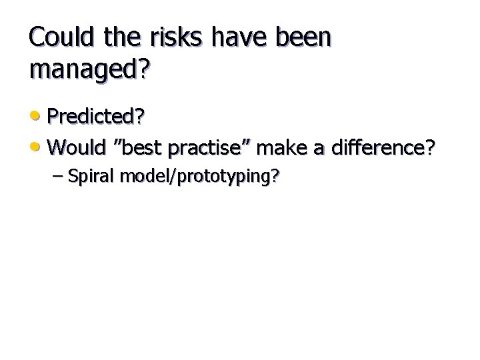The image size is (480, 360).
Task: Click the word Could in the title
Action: point(62,38)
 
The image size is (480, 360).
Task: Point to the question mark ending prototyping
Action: point(275,177)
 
